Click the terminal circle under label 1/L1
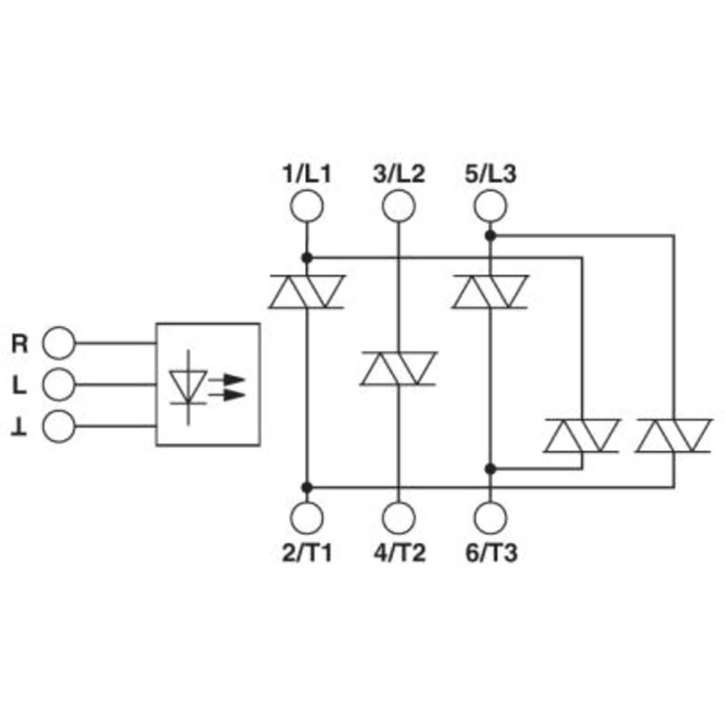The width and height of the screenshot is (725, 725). [x=306, y=206]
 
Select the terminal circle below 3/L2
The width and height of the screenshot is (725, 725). [x=398, y=206]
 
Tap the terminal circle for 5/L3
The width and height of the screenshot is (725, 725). [x=490, y=206]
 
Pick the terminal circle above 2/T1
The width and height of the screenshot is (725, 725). [x=306, y=518]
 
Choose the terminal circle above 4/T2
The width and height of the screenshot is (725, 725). [x=398, y=518]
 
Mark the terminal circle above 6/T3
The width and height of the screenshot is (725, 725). [x=490, y=518]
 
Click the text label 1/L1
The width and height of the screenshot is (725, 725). [x=307, y=174]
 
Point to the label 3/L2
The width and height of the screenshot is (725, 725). [x=399, y=174]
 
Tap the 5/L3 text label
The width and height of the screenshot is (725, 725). [x=491, y=174]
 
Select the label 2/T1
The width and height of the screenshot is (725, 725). [x=307, y=553]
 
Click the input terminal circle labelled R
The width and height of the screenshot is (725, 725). [x=59, y=343]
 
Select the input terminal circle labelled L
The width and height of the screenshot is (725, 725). [x=59, y=384]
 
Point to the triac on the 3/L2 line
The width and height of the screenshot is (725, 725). [x=398, y=368]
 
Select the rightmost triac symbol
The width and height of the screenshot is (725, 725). [x=674, y=436]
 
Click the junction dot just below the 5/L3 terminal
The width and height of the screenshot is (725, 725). [x=490, y=236]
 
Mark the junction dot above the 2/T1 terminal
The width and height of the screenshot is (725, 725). [x=306, y=486]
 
